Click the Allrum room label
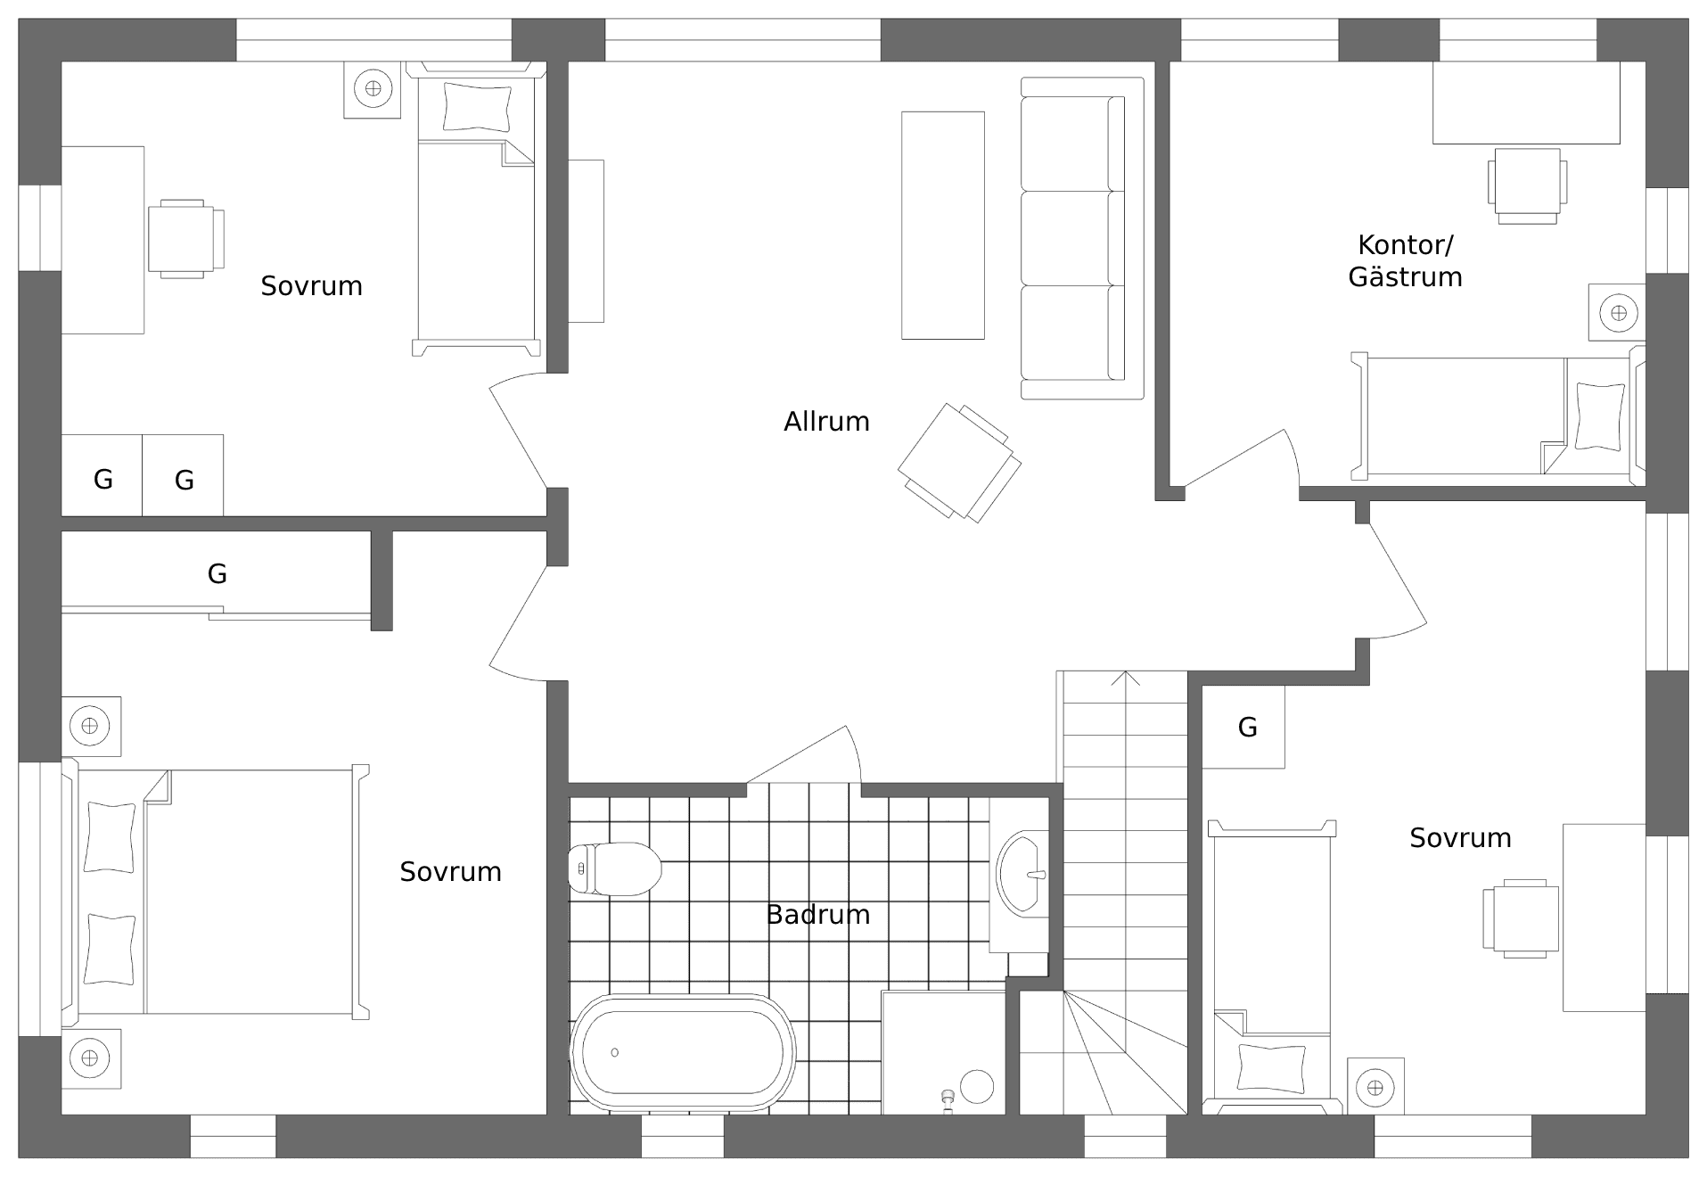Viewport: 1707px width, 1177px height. click(x=825, y=421)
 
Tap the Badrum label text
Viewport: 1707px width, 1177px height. click(x=817, y=914)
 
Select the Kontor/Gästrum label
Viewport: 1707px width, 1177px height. click(x=1405, y=260)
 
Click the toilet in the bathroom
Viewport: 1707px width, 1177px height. click(x=615, y=868)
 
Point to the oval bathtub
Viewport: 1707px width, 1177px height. click(x=683, y=1052)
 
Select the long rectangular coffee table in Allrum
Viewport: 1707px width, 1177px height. click(x=942, y=225)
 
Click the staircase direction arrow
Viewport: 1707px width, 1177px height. click(x=1126, y=679)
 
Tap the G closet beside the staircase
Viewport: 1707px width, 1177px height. click(x=1245, y=727)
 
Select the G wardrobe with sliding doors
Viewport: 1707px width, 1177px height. click(x=217, y=573)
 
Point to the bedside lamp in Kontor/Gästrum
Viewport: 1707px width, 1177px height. click(x=1618, y=313)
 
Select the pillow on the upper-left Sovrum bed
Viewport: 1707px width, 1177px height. click(x=478, y=107)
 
